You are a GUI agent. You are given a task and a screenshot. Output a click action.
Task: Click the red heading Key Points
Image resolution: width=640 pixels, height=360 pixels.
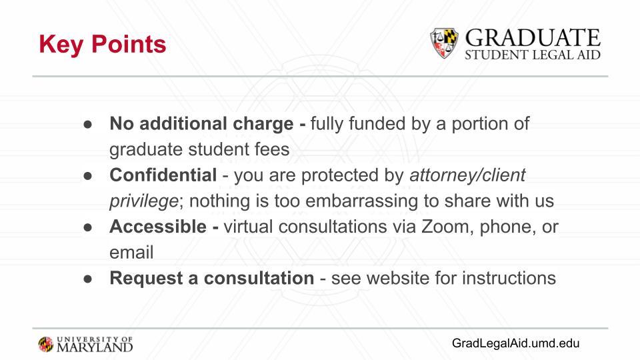point(103,45)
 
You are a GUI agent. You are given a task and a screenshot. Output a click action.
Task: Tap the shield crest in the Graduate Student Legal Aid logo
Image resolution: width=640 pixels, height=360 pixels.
point(444,43)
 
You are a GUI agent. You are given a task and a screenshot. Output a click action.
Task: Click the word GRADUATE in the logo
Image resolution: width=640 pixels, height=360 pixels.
point(533,38)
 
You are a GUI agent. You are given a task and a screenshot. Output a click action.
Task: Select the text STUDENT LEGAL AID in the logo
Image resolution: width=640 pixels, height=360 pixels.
point(533,55)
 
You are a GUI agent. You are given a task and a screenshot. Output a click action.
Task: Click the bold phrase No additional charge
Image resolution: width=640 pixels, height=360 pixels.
point(201,123)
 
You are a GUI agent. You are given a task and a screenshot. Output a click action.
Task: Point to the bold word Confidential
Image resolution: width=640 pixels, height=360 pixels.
point(163,175)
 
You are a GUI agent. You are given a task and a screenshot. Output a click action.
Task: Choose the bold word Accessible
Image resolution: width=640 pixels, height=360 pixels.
point(157,227)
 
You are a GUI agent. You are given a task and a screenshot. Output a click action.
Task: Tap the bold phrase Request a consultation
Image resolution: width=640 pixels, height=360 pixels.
point(211,278)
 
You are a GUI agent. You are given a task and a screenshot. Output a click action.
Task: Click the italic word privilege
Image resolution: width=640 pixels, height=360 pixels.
point(144,201)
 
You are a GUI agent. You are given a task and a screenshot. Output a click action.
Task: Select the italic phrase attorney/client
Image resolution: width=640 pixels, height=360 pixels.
point(467,175)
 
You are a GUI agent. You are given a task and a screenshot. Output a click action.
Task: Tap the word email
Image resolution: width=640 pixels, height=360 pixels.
point(131,252)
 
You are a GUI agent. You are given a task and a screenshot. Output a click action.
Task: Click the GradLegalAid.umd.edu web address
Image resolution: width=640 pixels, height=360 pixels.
point(515,343)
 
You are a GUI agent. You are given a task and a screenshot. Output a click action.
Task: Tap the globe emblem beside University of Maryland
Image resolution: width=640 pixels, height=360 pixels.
point(46,345)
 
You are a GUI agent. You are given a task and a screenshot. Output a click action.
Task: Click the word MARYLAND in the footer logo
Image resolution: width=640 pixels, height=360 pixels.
point(95,347)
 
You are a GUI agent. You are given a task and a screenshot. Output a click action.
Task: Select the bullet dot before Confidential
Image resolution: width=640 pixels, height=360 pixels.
point(88,175)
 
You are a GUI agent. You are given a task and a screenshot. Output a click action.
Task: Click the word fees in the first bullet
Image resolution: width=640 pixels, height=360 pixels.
point(272,149)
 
